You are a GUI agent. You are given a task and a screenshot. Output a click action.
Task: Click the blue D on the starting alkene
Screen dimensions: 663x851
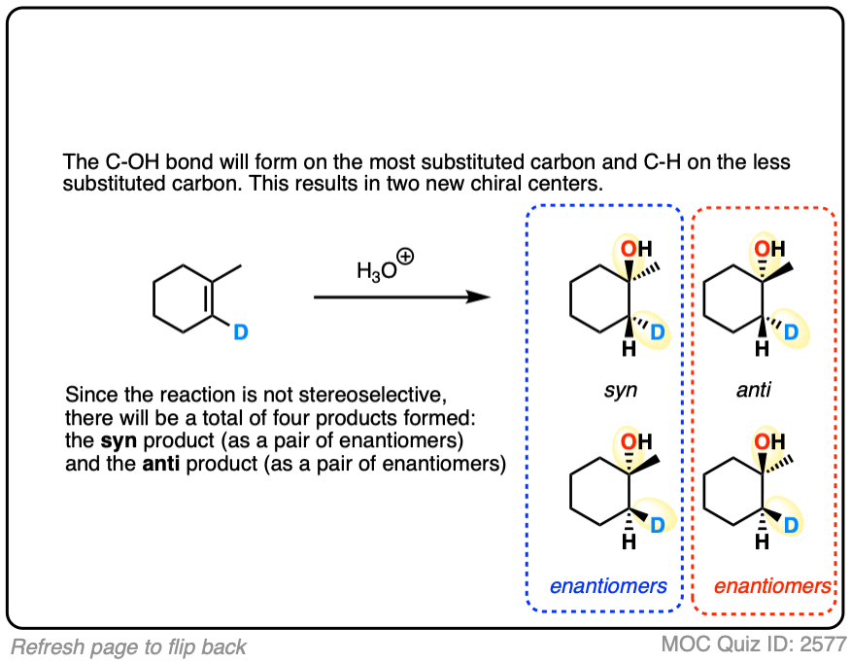(x=241, y=332)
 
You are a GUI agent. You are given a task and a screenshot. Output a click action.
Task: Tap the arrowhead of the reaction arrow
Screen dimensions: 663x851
(x=479, y=296)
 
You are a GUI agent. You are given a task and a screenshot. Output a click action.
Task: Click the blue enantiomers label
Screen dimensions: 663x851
(x=607, y=585)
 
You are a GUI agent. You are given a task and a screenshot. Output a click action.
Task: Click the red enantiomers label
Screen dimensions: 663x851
(x=772, y=585)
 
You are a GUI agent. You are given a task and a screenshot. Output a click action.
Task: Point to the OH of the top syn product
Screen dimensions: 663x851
(x=637, y=250)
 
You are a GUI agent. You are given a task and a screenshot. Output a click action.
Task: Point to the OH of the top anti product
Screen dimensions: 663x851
(x=771, y=250)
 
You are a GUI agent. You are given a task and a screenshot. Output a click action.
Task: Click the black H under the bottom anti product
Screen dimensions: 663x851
(x=762, y=542)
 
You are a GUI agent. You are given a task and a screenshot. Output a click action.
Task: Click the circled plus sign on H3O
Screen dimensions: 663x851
(x=406, y=258)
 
